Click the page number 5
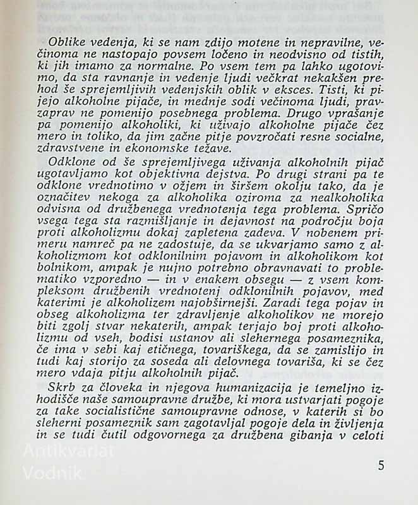pos(381,466)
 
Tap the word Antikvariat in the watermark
pos(68,451)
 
